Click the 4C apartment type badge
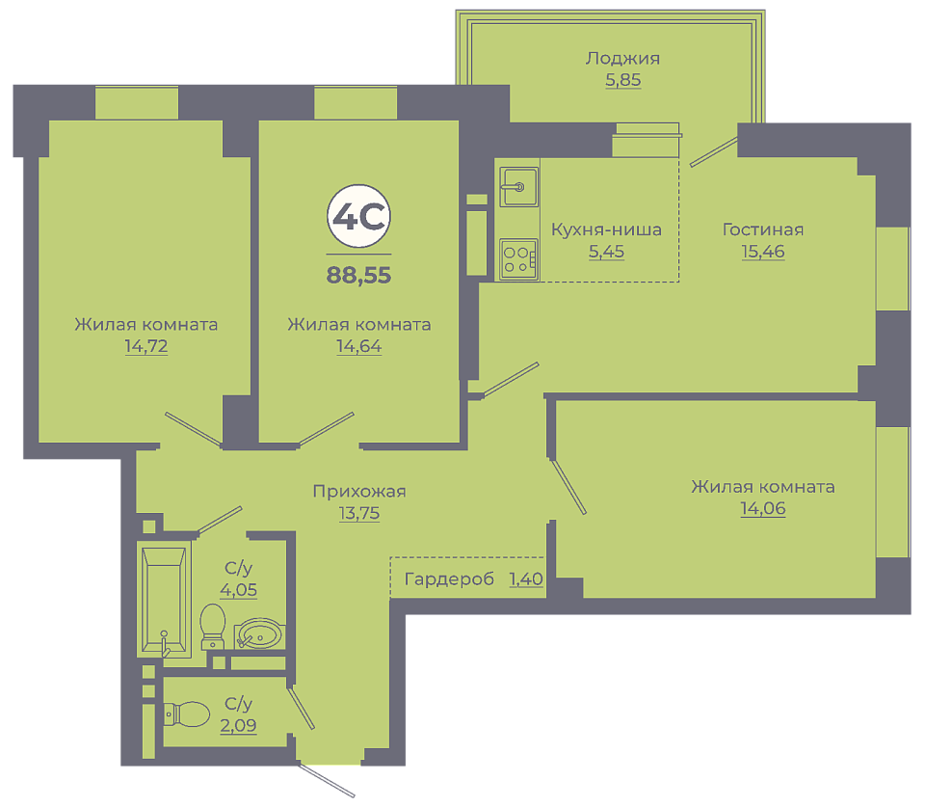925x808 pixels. (x=358, y=217)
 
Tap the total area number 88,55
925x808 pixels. (x=358, y=276)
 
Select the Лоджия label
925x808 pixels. (x=622, y=59)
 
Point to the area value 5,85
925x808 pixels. (x=623, y=80)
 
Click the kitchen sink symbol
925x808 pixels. (x=519, y=187)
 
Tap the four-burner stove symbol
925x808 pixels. (x=518, y=259)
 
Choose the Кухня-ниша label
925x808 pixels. (x=606, y=229)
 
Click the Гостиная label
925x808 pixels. (x=763, y=229)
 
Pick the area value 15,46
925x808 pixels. (x=763, y=252)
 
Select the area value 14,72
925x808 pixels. (x=146, y=346)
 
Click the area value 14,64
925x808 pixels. (x=358, y=346)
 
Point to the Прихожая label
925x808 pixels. (x=359, y=492)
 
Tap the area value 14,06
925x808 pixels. (x=763, y=508)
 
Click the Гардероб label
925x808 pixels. (x=449, y=579)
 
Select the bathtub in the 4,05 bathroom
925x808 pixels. (x=164, y=600)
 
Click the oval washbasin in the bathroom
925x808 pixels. (x=258, y=633)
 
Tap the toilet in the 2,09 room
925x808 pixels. (x=186, y=714)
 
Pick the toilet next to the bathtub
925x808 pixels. (x=213, y=626)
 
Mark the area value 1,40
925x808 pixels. (x=526, y=579)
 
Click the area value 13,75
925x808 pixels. (x=359, y=514)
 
